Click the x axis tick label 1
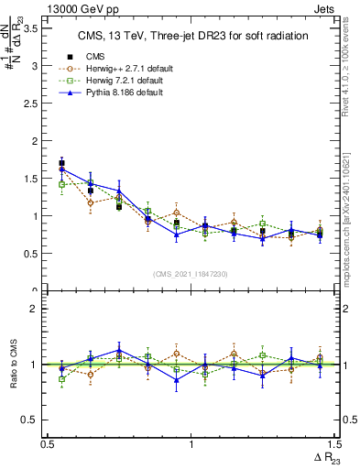tap(191, 443)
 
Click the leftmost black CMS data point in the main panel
tap(61, 163)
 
